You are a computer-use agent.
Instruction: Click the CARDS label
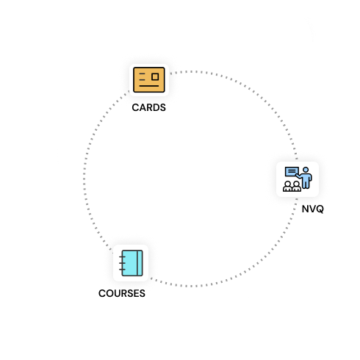coord(148,107)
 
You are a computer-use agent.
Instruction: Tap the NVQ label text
coord(313,209)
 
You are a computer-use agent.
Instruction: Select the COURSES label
coord(122,293)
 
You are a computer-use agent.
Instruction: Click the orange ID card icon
coord(149,80)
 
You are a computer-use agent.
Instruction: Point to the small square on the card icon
coord(155,76)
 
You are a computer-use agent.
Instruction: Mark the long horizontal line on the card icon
coord(149,86)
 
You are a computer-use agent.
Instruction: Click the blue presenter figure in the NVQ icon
coord(304,178)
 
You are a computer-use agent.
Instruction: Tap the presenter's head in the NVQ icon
coord(306,170)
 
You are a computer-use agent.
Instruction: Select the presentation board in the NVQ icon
coord(292,172)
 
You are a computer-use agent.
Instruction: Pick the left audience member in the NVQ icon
coord(288,187)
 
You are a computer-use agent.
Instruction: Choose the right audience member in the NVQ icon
coord(297,187)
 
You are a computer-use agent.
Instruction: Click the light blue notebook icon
coord(131,263)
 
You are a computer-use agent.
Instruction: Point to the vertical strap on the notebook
coord(140,263)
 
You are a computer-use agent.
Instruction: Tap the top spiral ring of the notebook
coord(122,256)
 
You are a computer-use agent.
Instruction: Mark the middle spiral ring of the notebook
coord(122,263)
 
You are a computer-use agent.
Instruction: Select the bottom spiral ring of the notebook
coord(122,270)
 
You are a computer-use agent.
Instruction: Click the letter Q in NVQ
coord(320,209)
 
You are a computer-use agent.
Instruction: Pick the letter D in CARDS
coord(156,107)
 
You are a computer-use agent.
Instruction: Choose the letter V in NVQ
coord(312,209)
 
